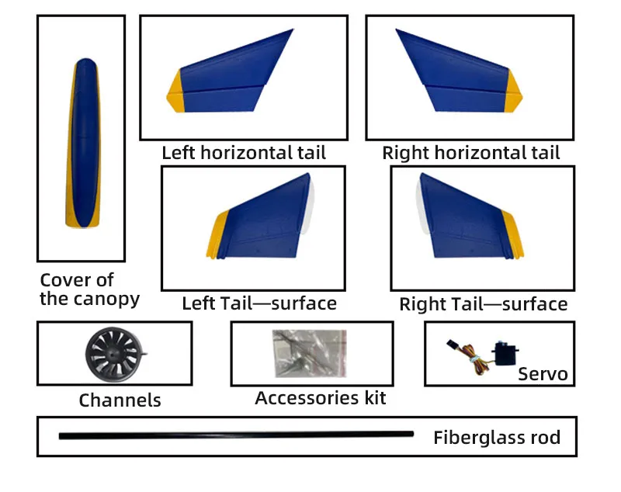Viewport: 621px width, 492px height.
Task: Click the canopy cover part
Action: tap(81, 144)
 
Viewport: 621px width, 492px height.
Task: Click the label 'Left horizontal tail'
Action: tap(243, 153)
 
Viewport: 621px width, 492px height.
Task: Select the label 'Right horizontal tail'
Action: tap(470, 153)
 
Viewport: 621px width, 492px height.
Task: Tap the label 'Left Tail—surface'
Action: tap(259, 303)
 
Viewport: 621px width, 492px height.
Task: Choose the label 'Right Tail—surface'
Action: tap(483, 303)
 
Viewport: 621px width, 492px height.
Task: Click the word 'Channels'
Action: tap(120, 400)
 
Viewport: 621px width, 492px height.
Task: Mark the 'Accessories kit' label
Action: tap(320, 398)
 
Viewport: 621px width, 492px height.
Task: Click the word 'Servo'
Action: tap(543, 375)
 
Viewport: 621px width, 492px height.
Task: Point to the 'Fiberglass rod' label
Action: tap(496, 438)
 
